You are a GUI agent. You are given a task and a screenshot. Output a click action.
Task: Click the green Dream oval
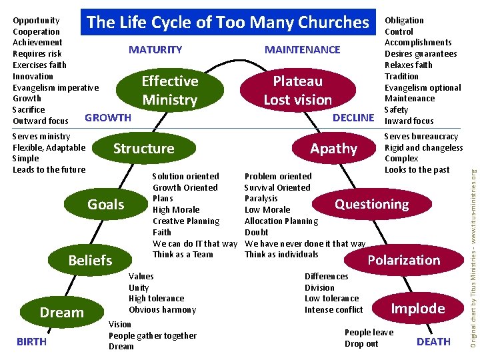pyautogui.click(x=61, y=312)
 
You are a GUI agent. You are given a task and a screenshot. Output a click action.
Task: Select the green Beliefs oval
pyautogui.click(x=90, y=260)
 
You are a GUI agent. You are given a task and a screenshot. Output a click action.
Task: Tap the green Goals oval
pyautogui.click(x=106, y=204)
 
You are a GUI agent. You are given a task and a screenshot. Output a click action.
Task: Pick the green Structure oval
pyautogui.click(x=143, y=148)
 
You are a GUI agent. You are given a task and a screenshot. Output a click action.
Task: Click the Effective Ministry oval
pyautogui.click(x=170, y=91)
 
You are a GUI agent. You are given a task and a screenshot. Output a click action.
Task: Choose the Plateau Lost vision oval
pyautogui.click(x=297, y=91)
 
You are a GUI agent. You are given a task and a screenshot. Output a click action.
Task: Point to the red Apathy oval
pyautogui.click(x=333, y=148)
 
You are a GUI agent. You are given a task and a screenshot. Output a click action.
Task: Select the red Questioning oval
pyautogui.click(x=371, y=204)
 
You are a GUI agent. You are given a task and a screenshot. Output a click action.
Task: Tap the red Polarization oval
pyautogui.click(x=404, y=260)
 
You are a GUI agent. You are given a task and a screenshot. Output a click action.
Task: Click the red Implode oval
pyautogui.click(x=417, y=308)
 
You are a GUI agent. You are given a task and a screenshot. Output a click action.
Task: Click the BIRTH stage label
pyautogui.click(x=31, y=342)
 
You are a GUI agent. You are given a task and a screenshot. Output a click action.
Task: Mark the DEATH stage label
pyautogui.click(x=433, y=342)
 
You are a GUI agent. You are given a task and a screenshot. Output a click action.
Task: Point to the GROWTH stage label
pyautogui.click(x=108, y=118)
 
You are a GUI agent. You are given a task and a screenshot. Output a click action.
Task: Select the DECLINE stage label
pyautogui.click(x=353, y=118)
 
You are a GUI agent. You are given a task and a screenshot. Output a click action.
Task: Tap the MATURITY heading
pyautogui.click(x=155, y=50)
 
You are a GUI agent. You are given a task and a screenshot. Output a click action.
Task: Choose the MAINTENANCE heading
pyautogui.click(x=302, y=50)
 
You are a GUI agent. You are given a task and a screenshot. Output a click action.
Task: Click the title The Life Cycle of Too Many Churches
pyautogui.click(x=228, y=23)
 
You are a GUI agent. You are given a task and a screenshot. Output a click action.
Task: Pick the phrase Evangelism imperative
pyautogui.click(x=56, y=87)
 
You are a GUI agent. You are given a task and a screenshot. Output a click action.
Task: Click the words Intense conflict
pyautogui.click(x=333, y=310)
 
